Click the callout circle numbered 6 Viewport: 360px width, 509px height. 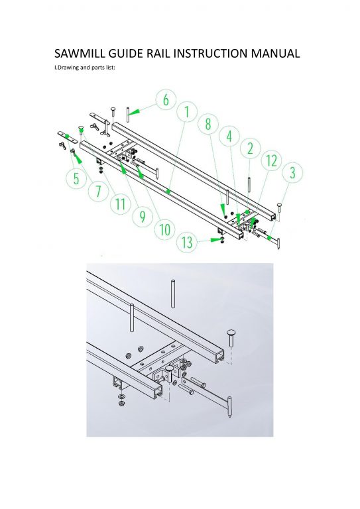tap(166, 99)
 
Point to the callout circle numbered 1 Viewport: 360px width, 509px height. tap(187, 111)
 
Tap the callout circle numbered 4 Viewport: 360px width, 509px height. tap(229, 136)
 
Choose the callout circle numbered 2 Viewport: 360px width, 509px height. tap(251, 148)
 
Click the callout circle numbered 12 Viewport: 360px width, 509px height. tap(272, 160)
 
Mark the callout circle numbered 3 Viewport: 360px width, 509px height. tap(292, 172)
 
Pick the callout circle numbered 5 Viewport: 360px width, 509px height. tap(76, 178)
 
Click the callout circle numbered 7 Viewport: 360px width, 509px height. tap(98, 191)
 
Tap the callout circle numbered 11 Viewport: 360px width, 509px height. tap(121, 204)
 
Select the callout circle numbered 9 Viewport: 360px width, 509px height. tap(143, 217)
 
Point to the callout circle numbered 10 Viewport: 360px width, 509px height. tap(165, 229)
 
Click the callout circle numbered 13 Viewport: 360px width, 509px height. tap(187, 242)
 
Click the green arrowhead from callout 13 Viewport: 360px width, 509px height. tap(215, 239)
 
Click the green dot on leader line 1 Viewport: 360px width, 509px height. tap(168, 192)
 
